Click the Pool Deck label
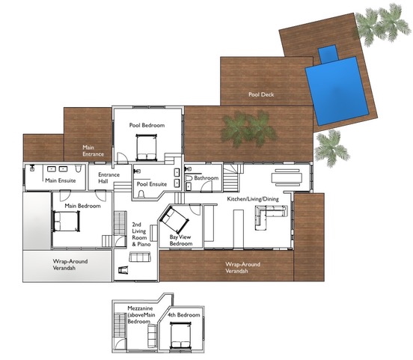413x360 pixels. [x=261, y=94]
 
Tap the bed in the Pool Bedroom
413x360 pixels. [x=147, y=147]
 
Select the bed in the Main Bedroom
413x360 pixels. [x=67, y=221]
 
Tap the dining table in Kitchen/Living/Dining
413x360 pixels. [x=287, y=177]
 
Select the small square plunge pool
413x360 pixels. [x=328, y=54]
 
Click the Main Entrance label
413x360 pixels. [x=93, y=150]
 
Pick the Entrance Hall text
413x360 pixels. [x=108, y=178]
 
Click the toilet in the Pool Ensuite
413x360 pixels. [x=141, y=194]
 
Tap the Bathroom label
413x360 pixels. [x=206, y=178]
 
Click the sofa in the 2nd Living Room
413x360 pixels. [x=140, y=257]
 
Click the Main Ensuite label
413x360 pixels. [x=61, y=180]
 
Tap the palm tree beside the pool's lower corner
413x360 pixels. [x=331, y=148]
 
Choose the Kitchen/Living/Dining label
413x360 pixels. [x=253, y=199]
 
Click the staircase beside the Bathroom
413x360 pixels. [x=232, y=177]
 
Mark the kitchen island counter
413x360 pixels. [x=239, y=229]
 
